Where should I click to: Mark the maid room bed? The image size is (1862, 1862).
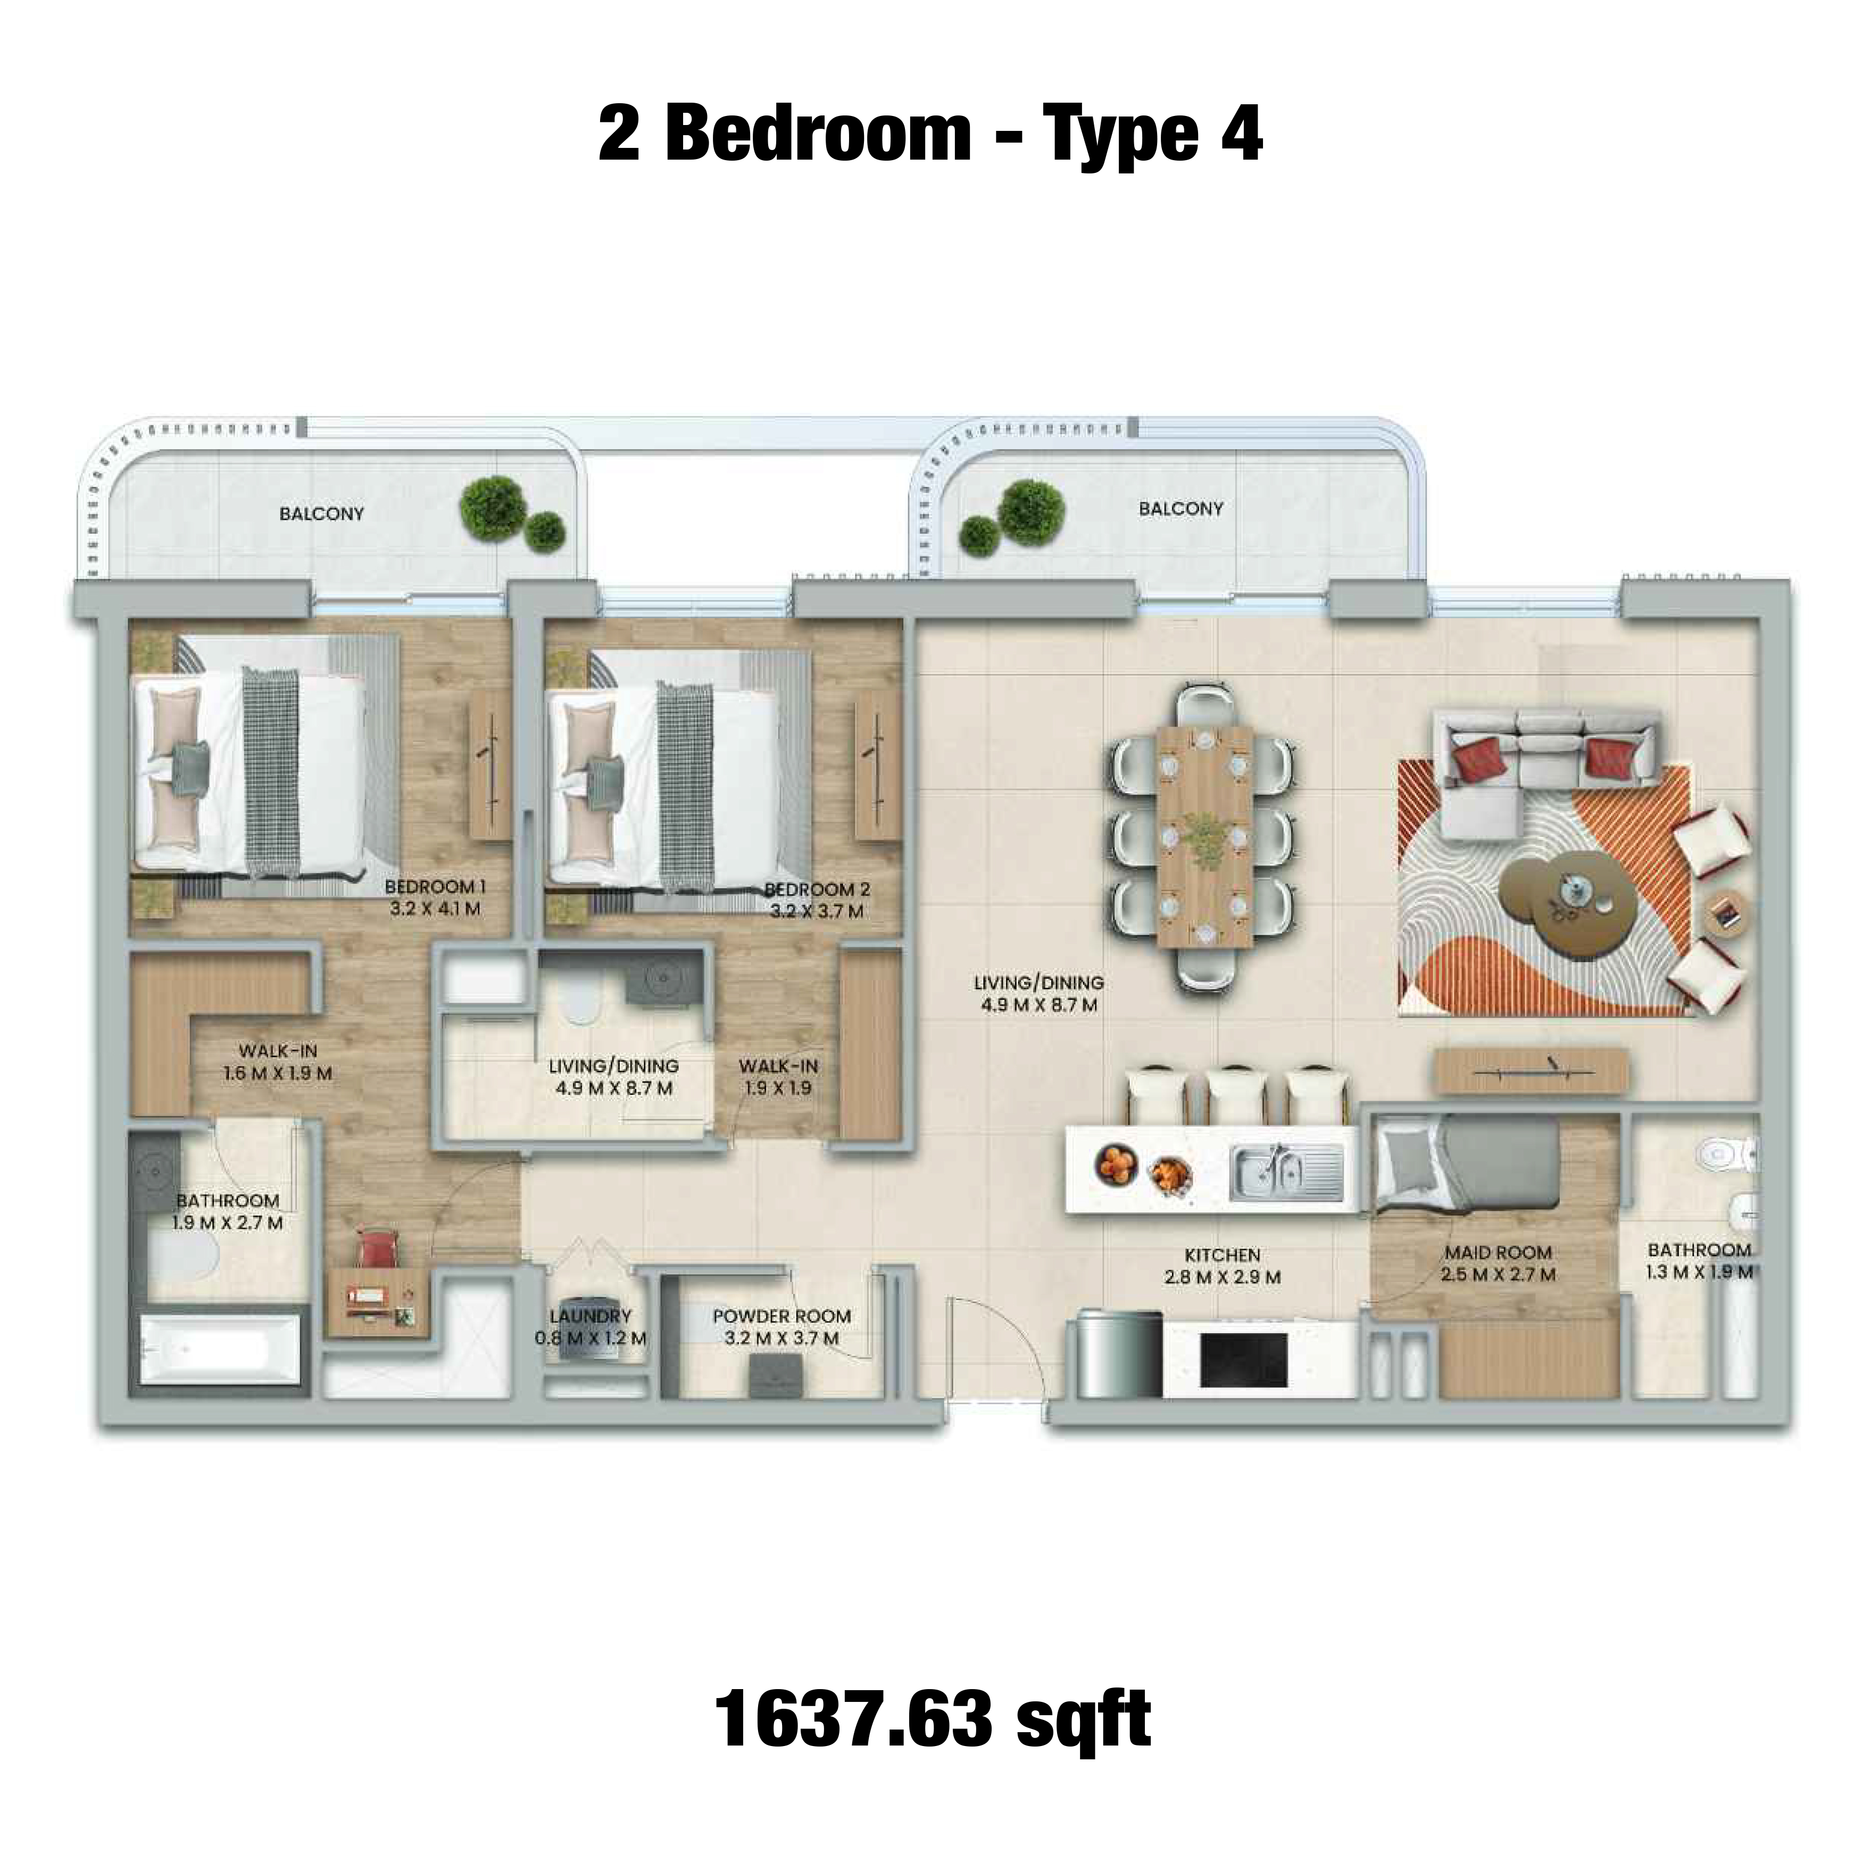(1465, 1173)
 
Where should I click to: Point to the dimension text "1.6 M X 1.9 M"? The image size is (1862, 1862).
(278, 1073)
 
